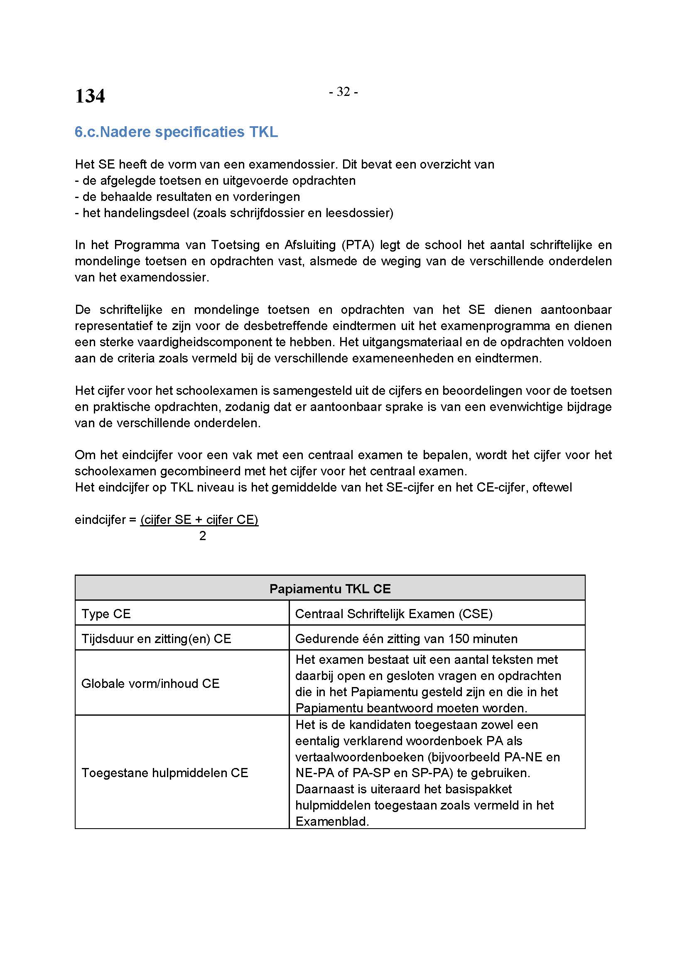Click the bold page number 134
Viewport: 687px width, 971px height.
pos(90,96)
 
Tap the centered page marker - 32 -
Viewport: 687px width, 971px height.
pos(343,92)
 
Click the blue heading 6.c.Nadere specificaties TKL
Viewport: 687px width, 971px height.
pos(176,132)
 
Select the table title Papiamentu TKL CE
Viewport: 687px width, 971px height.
pos(329,589)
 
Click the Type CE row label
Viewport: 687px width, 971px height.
pos(106,614)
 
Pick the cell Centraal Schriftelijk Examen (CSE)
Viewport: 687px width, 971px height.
pos(393,614)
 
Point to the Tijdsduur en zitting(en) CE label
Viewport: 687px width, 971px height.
pos(156,638)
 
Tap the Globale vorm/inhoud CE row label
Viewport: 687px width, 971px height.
pos(150,683)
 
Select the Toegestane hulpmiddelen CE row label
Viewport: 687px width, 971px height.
pos(164,773)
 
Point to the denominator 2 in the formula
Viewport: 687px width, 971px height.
pos(203,536)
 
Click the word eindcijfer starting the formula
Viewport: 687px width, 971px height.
pos(100,519)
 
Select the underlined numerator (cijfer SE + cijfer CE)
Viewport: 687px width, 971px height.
pos(199,519)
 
